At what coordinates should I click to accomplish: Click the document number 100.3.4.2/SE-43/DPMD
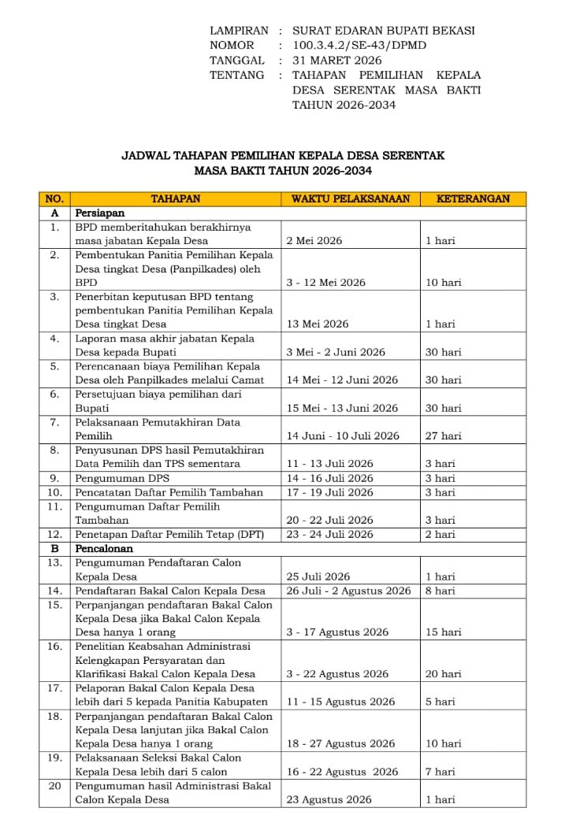[x=359, y=45]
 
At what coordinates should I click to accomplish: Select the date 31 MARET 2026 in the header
[x=336, y=60]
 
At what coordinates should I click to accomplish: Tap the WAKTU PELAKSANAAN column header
[x=351, y=199]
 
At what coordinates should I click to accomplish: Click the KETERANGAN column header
[x=473, y=199]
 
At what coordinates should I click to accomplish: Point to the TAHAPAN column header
[x=176, y=199]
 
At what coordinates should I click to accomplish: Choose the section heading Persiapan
[x=100, y=213]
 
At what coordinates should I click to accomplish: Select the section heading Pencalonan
[x=103, y=548]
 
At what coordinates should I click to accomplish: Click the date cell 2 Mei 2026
[x=314, y=241]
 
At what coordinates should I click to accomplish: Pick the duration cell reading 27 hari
[x=443, y=435]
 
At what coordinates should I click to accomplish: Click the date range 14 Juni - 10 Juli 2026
[x=343, y=435]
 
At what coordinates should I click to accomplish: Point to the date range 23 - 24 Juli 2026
[x=329, y=534]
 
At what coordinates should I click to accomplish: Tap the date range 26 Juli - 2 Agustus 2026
[x=348, y=591]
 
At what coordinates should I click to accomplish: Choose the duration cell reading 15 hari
[x=443, y=632]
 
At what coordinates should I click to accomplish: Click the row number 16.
[x=54, y=646]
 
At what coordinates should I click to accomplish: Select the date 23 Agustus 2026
[x=329, y=799]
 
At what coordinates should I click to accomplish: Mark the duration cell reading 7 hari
[x=440, y=772]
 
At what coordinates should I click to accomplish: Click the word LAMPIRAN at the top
[x=239, y=30]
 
